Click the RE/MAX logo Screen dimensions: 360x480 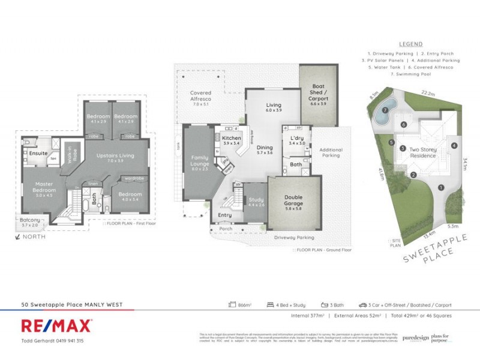pyautogui.click(x=56, y=326)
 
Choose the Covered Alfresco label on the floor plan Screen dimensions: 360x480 pyautogui.click(x=200, y=97)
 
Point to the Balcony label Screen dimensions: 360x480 pyautogui.click(x=30, y=220)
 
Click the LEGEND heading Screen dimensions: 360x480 pyautogui.click(x=410, y=44)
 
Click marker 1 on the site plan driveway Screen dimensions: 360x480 pyautogui.click(x=441, y=188)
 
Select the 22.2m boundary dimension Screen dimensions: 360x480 pyautogui.click(x=428, y=94)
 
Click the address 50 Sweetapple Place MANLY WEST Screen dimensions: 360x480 pyautogui.click(x=71, y=305)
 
